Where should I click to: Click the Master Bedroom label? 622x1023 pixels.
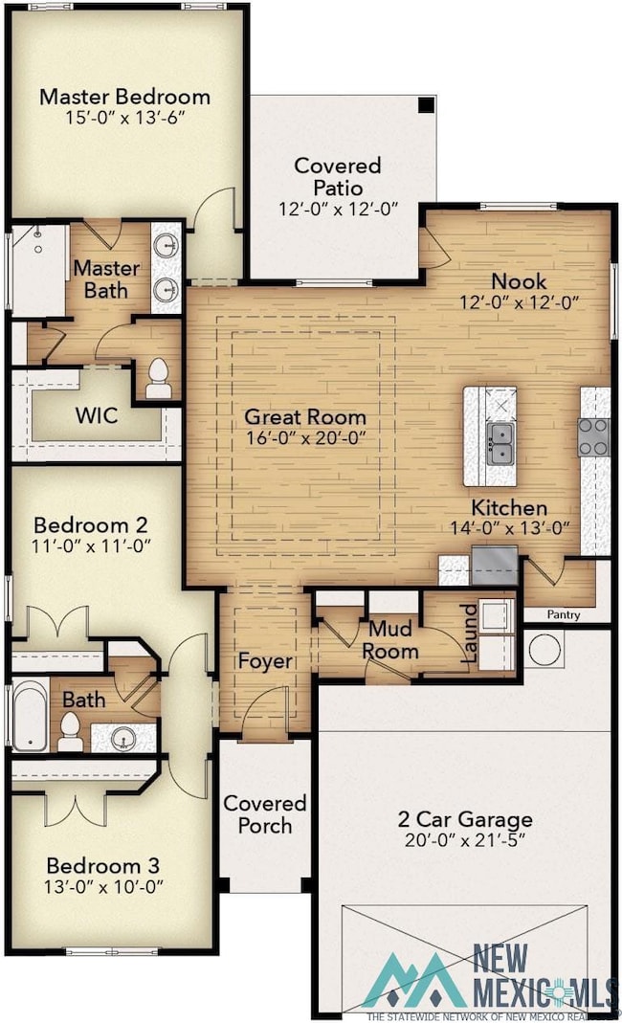124,97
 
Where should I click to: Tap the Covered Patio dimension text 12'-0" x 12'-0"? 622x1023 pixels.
338,209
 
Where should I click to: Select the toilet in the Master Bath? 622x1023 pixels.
158,378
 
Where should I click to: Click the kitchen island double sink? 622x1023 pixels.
500,444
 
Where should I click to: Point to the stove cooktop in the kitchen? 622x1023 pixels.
592,436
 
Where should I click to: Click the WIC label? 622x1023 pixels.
97,415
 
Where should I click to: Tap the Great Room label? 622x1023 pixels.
305,416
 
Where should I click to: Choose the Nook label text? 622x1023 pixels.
519,281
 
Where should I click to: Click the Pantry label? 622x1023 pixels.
564,614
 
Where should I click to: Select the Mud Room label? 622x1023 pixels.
390,639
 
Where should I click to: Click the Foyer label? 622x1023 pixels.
265,661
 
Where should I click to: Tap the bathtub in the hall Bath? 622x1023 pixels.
30,715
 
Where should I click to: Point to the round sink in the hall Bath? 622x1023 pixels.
122,738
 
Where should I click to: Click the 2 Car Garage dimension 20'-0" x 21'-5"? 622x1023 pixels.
465,839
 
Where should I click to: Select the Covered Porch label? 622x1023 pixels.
264,814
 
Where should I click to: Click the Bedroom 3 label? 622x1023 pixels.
103,866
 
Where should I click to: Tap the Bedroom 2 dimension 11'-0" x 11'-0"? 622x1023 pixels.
91,545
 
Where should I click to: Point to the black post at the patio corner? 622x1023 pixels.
426,105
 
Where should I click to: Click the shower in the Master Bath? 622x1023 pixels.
38,270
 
